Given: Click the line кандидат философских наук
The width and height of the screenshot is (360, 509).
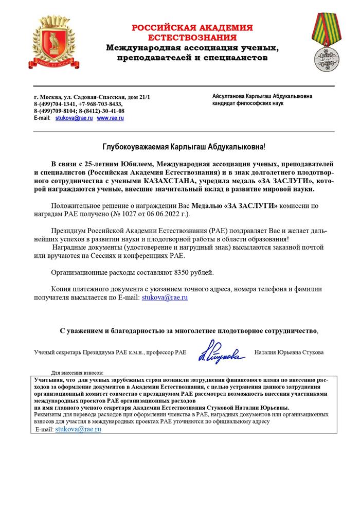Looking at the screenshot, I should (x=244, y=103).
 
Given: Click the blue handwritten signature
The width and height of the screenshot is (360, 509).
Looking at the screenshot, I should (x=218, y=353).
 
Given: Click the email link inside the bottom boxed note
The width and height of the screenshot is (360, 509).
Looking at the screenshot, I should (x=78, y=428).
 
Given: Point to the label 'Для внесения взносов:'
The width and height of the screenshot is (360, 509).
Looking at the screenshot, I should (x=77, y=372).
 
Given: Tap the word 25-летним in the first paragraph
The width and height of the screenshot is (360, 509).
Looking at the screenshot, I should (x=94, y=163).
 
